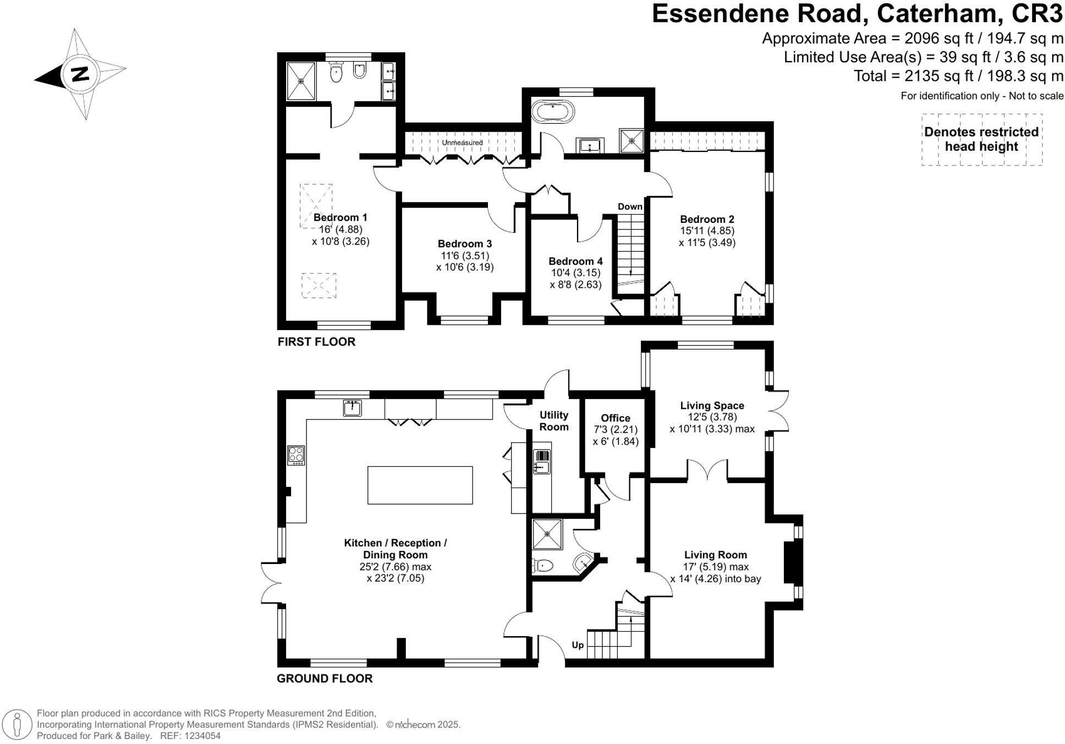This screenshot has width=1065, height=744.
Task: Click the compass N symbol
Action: pos(81,74)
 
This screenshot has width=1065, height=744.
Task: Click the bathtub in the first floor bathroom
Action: pos(552,112)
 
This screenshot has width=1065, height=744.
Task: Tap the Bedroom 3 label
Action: pos(464,244)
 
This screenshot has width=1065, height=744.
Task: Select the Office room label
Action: pos(615,418)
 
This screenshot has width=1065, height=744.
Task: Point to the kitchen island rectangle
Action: pos(420,485)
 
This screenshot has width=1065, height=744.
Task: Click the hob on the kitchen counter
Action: pos(296,455)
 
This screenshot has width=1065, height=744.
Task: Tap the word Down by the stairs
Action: pos(630,207)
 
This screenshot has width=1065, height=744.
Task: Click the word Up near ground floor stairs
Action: pos(577,645)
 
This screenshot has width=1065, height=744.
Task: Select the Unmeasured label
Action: pos(462,143)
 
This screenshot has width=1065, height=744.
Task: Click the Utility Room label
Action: pos(553,421)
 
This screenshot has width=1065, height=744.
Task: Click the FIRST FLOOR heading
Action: pos(316,342)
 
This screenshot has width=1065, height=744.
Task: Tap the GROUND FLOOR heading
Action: pos(325,679)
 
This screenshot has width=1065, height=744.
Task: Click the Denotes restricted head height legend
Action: pos(981,139)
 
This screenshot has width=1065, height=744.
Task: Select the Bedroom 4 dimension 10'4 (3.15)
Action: pos(575,273)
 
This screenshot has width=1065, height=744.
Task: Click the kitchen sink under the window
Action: pos(352,408)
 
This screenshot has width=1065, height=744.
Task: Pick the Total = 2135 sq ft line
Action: pos(958,76)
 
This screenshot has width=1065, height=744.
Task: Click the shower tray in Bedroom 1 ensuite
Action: pos(301,81)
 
